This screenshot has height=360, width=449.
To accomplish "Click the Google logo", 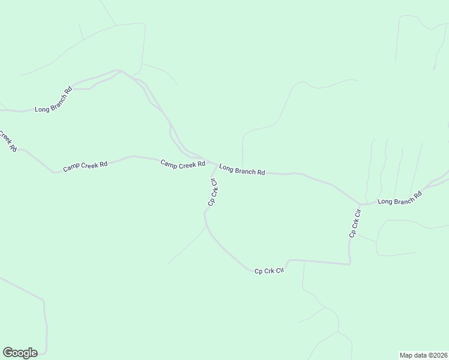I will [x=20, y=353].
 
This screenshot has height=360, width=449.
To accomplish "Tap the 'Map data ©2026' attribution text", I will [x=423, y=355].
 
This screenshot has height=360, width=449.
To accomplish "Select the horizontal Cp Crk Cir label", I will [x=268, y=271].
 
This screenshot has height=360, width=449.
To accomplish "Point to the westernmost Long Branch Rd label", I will [x=53, y=100].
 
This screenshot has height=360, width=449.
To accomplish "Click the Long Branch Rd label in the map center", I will [x=242, y=170].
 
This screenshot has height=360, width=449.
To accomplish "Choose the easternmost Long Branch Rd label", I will [x=399, y=199].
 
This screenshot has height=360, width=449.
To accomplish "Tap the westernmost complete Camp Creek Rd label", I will [x=85, y=166].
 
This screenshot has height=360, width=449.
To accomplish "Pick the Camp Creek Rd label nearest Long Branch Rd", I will [x=182, y=164].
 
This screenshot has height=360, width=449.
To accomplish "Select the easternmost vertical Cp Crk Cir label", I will [x=355, y=223].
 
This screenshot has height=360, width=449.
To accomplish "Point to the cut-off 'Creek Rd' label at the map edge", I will [x=7, y=141].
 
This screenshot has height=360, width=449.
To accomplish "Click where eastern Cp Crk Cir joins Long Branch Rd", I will [x=360, y=204].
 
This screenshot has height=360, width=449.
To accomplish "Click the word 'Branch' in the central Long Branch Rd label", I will [x=245, y=170].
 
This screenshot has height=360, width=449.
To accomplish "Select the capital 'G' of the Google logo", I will [x=8, y=352].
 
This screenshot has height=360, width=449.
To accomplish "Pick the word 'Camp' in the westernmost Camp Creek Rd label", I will [x=71, y=167].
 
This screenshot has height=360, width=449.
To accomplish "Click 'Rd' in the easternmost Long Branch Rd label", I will [x=418, y=194].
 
